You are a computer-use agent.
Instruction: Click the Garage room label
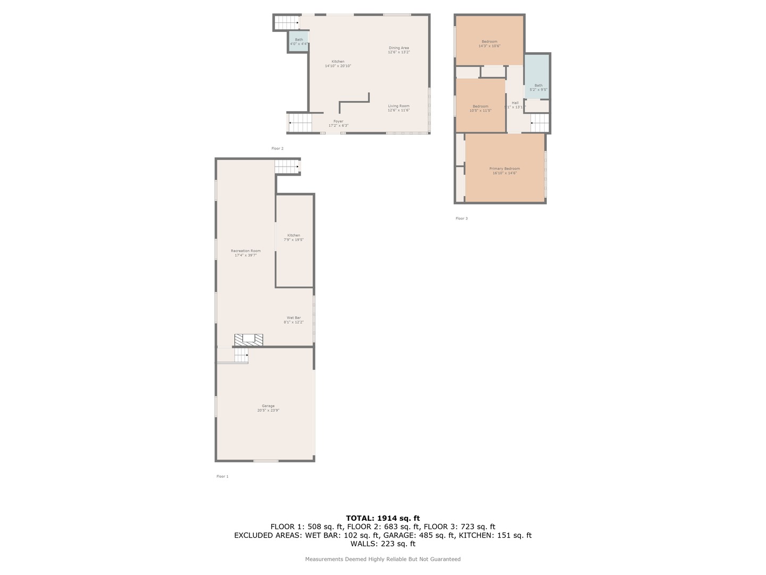pyautogui.click(x=268, y=408)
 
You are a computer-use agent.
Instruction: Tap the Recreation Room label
pyautogui.click(x=246, y=253)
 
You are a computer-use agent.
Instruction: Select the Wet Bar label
pyautogui.click(x=294, y=320)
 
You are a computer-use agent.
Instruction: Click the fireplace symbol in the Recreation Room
pyautogui.click(x=249, y=340)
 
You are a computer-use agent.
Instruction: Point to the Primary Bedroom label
pyautogui.click(x=504, y=171)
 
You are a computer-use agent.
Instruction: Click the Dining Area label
pyautogui.click(x=398, y=50)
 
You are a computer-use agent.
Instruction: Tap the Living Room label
pyautogui.click(x=398, y=108)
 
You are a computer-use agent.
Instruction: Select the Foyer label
pyautogui.click(x=338, y=124)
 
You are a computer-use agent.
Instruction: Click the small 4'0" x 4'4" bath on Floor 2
pyautogui.click(x=299, y=42)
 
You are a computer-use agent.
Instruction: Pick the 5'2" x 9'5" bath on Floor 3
pyautogui.click(x=538, y=87)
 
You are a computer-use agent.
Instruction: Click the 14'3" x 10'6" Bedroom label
pyautogui.click(x=489, y=44)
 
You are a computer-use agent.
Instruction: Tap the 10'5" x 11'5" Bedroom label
pyautogui.click(x=480, y=108)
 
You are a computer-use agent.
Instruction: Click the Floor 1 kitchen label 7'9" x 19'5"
pyautogui.click(x=294, y=237)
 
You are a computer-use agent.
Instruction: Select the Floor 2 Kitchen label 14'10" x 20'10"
pyautogui.click(x=338, y=63)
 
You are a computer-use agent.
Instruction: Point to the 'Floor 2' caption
pyautogui.click(x=277, y=149)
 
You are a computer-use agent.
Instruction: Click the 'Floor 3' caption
pyautogui.click(x=461, y=218)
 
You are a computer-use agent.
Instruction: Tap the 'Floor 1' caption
pyautogui.click(x=222, y=477)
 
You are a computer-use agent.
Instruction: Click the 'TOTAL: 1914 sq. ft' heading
pyautogui.click(x=382, y=518)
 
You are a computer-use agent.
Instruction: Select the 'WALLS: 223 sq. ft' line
pyautogui.click(x=382, y=544)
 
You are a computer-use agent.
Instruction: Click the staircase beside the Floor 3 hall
pyautogui.click(x=539, y=124)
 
